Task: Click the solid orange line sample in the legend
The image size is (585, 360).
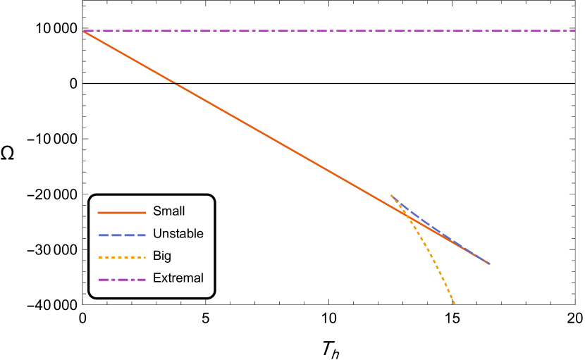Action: [x=121, y=212]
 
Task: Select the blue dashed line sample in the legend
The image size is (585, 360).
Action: [x=121, y=235]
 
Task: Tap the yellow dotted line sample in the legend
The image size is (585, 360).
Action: [x=121, y=257]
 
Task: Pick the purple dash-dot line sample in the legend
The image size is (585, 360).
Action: [x=121, y=280]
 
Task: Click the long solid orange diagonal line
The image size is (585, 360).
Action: [x=282, y=144]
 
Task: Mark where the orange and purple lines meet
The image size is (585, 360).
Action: [x=84, y=31]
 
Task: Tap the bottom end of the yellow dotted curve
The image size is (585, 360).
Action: [x=455, y=304]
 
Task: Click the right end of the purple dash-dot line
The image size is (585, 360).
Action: [x=574, y=30]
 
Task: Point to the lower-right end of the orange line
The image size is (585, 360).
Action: [x=488, y=263]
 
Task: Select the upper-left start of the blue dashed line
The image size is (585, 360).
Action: [x=391, y=196]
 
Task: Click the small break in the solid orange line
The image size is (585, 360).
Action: [x=175, y=84]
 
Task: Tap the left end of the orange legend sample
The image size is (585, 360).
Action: [x=99, y=212]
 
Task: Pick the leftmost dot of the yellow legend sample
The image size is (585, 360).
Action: [x=99, y=257]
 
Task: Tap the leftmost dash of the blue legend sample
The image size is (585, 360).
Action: [x=103, y=235]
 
